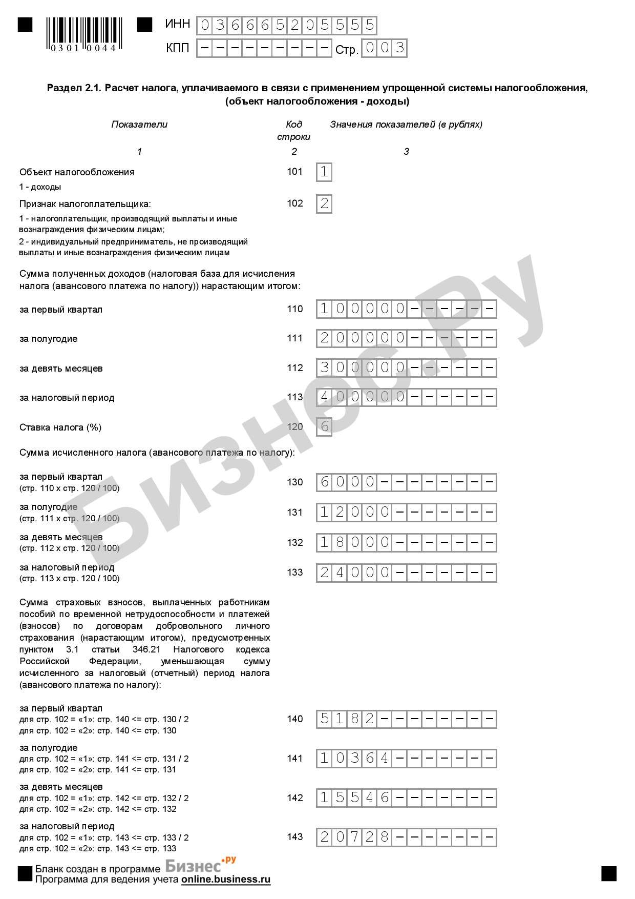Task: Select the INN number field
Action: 286,25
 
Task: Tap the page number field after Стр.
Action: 384,48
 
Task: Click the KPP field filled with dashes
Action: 264,48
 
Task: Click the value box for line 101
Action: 324,172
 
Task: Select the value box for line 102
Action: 324,204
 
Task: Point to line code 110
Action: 295,309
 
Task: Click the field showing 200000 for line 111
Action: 406,338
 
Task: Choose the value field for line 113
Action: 406,397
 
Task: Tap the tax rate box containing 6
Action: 324,426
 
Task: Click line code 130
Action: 295,482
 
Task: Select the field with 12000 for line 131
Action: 406,512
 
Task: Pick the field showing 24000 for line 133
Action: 406,573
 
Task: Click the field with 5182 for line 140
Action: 406,719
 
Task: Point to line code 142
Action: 295,798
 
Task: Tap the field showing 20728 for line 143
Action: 406,837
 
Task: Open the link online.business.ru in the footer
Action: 225,880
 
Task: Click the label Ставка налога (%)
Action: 60,427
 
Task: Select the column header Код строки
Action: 294,130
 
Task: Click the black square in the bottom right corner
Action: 609,873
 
